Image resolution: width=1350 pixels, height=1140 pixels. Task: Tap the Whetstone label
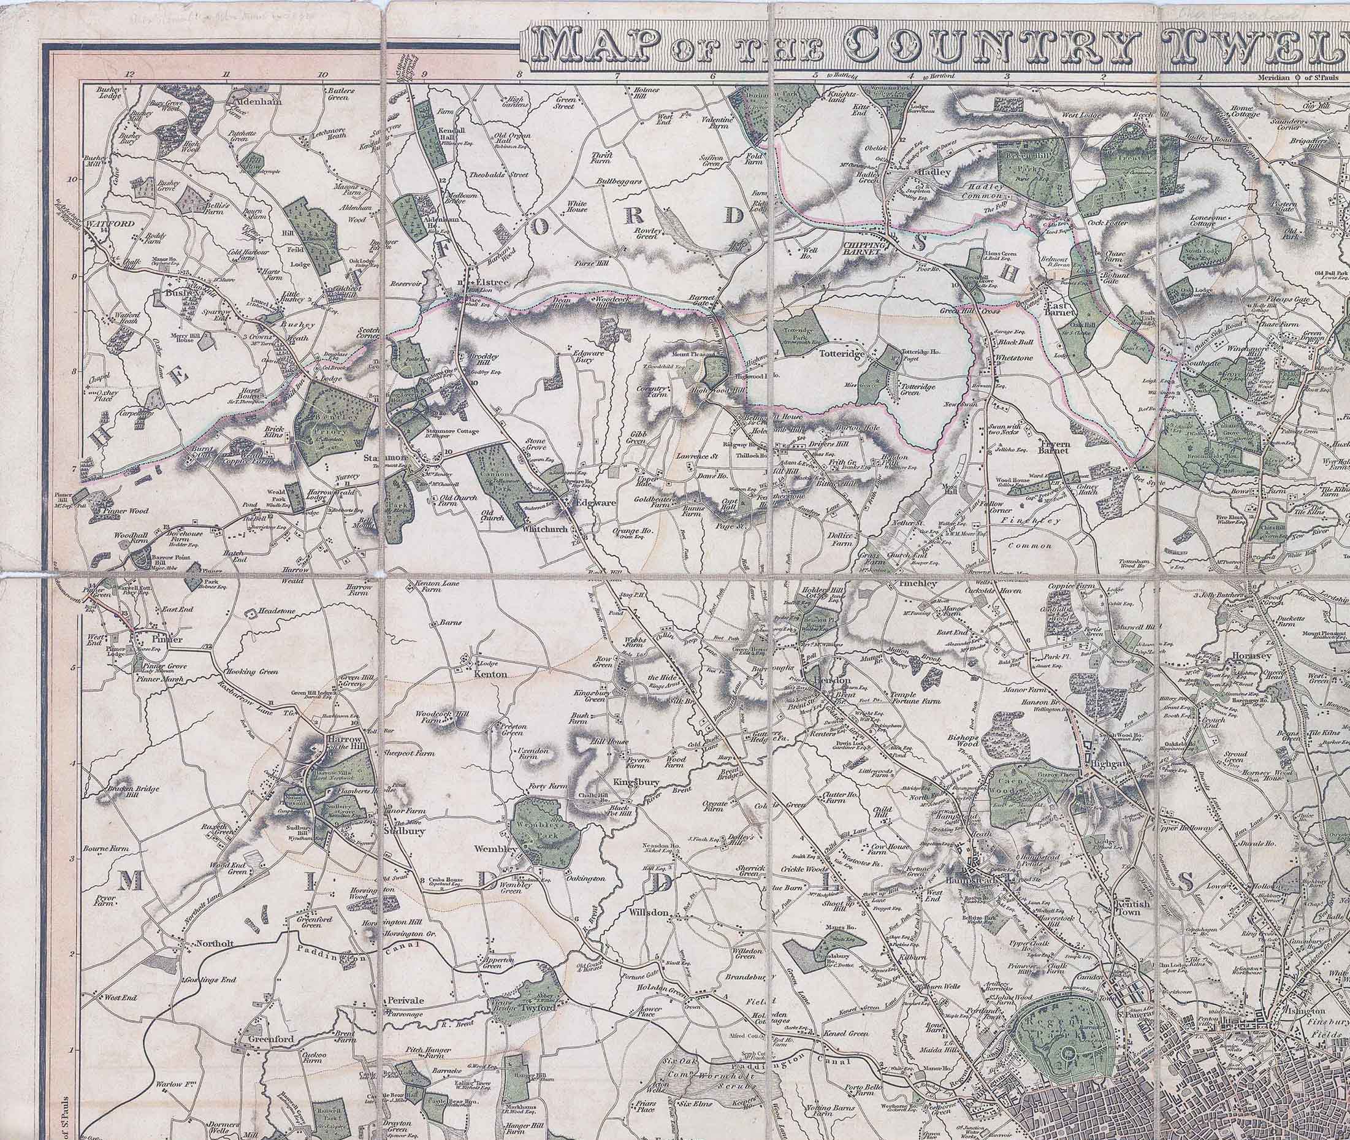pos(1015,358)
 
